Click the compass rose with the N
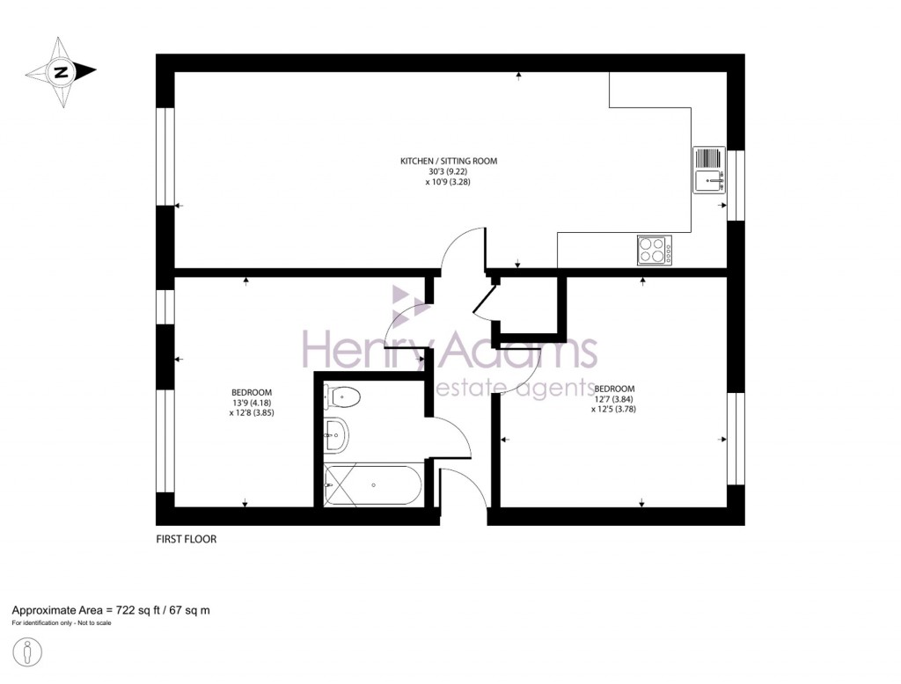click(x=61, y=72)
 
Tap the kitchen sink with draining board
click(x=708, y=170)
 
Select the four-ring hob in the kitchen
click(x=655, y=251)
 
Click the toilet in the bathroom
click(x=341, y=397)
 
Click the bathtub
click(x=374, y=484)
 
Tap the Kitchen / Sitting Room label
click(x=449, y=161)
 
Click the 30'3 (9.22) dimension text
click(x=449, y=172)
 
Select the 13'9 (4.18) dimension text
click(x=252, y=403)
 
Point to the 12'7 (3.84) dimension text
click(x=614, y=398)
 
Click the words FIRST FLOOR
click(x=186, y=539)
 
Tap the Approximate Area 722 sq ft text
click(x=110, y=609)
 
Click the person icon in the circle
click(x=30, y=654)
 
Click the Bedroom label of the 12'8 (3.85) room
click(x=252, y=392)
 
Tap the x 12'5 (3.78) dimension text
click(x=614, y=409)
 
